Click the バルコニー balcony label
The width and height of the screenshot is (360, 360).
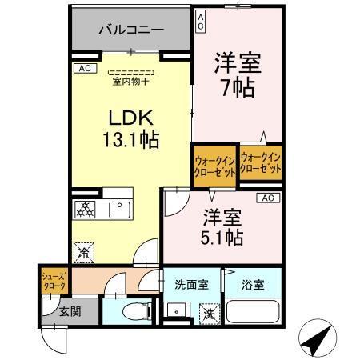coord(131,30)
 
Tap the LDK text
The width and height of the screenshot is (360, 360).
coord(130,117)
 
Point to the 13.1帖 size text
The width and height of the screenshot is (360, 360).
coord(130,139)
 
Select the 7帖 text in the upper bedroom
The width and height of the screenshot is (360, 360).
coord(238,86)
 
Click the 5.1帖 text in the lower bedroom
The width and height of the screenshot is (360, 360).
coord(222,237)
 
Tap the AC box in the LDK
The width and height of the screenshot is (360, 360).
coord(85,69)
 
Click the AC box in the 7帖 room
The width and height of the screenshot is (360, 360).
coord(201,21)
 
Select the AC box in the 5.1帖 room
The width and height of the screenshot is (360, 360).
coord(267,198)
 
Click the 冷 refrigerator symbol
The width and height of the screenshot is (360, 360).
coord(84,253)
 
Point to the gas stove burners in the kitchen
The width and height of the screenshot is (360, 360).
coord(84,210)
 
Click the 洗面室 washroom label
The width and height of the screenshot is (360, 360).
coord(192,284)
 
